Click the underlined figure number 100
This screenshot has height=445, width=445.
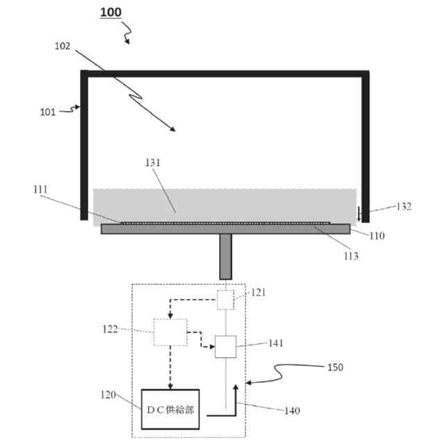110,13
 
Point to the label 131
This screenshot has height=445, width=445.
152,162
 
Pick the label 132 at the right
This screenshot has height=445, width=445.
403,207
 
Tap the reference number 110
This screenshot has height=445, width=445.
377,235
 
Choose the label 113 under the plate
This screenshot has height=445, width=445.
350,255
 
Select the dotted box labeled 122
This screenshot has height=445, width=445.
171,332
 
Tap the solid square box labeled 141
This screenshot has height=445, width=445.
226,346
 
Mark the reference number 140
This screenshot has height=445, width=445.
291,411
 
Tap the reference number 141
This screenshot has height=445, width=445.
276,343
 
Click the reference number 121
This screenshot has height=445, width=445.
259,293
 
